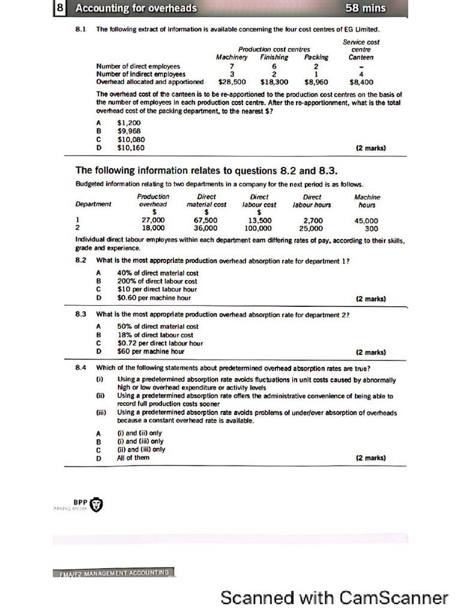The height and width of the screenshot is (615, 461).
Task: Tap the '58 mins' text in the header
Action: (x=366, y=8)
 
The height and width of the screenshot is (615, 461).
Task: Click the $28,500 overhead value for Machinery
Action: (x=232, y=82)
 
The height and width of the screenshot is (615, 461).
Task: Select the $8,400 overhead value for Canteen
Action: (x=361, y=82)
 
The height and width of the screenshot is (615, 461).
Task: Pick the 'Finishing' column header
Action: (x=274, y=58)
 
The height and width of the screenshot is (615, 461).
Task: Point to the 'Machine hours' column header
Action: (x=367, y=201)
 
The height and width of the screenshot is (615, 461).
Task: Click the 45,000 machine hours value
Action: (x=366, y=220)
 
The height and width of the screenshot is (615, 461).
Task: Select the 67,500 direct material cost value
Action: (x=206, y=220)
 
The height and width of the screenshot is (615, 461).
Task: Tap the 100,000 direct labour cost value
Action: (x=258, y=228)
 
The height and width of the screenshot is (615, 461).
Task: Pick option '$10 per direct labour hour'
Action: (x=154, y=289)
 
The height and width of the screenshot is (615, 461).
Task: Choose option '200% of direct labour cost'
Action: (x=157, y=281)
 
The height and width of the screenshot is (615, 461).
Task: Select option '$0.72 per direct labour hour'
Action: (x=160, y=344)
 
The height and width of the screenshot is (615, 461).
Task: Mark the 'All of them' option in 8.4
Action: (x=133, y=458)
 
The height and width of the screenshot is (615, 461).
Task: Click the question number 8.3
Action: (x=82, y=314)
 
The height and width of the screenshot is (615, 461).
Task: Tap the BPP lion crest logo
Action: (x=95, y=504)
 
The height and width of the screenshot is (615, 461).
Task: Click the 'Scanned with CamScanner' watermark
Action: (x=334, y=598)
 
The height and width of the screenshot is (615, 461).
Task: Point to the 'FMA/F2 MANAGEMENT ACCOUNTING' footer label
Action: (x=113, y=573)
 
